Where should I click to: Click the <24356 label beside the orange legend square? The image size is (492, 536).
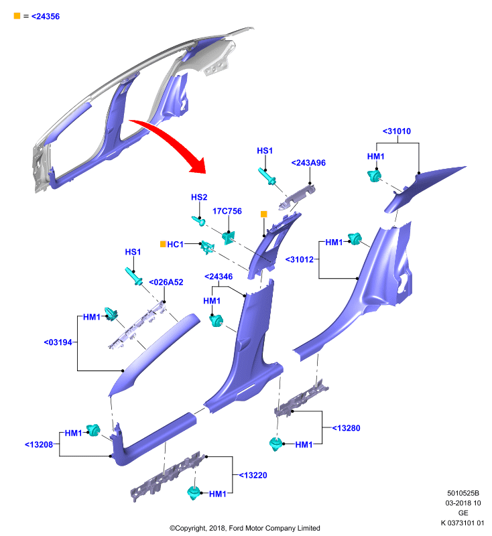46,16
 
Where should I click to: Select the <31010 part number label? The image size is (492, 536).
397,131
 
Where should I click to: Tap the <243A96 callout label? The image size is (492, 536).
308,163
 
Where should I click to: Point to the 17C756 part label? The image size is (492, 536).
227,211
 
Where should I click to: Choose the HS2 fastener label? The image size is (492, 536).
199,197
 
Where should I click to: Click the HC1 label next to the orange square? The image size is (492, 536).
175,245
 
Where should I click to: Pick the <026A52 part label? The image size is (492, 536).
166,282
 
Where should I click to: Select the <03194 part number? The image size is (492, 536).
58,342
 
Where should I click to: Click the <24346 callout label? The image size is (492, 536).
219,277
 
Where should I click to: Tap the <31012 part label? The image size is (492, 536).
300,260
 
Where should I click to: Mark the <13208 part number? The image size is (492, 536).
39,445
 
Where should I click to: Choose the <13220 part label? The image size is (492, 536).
253,475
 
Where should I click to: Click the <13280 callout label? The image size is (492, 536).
346,428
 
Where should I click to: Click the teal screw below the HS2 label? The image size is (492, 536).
198,221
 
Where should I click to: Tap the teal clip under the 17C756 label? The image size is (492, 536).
229,238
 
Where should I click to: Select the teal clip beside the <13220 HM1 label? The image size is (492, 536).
194,492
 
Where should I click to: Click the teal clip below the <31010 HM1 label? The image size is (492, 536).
374,176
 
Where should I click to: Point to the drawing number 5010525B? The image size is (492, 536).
463,493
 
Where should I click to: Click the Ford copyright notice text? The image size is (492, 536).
245,528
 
